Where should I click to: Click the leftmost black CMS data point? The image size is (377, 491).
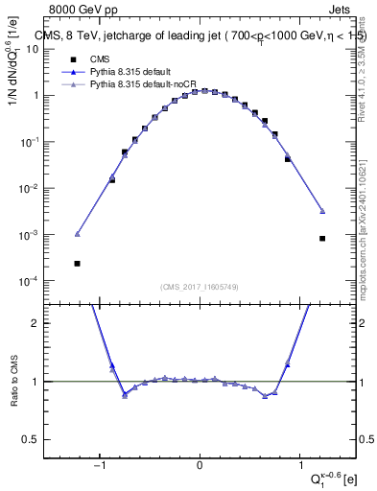(x=78, y=263)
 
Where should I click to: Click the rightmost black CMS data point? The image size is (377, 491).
(x=322, y=239)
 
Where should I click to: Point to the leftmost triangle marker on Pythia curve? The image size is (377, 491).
(x=78, y=234)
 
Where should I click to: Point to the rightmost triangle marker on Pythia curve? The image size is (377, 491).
(x=322, y=211)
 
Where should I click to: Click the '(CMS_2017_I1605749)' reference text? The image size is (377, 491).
(x=200, y=288)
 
